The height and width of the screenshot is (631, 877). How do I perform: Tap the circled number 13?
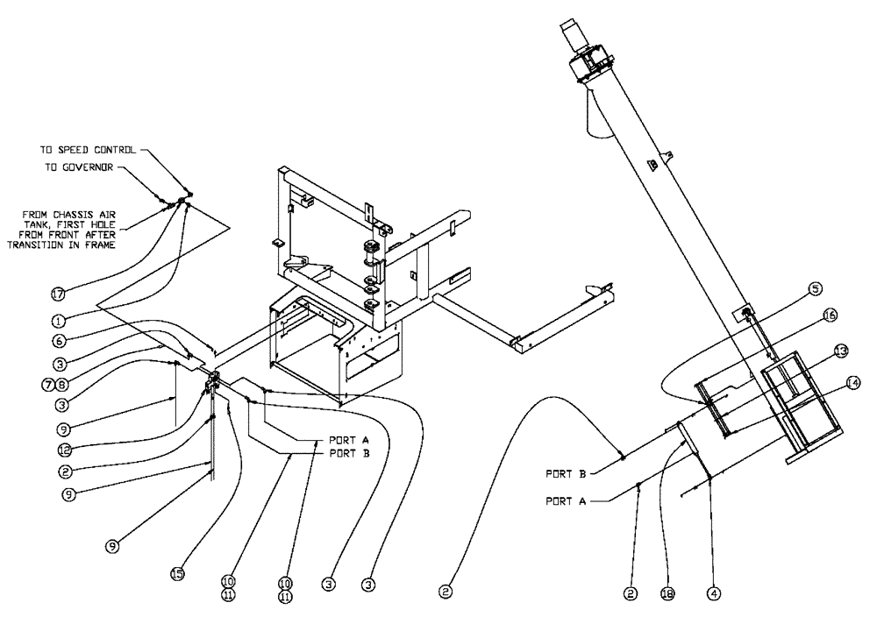click(839, 351)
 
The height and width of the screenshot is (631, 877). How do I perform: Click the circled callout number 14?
click(852, 382)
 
